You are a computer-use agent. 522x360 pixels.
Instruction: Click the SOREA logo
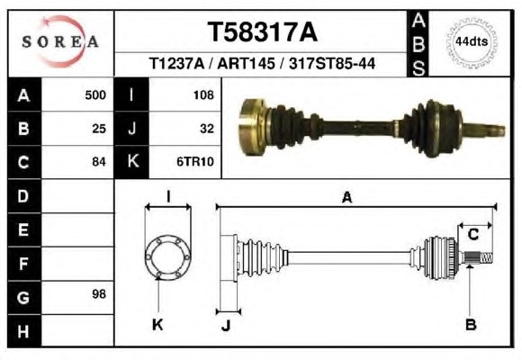[x=60, y=41]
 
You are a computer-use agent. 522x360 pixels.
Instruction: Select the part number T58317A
[x=263, y=32]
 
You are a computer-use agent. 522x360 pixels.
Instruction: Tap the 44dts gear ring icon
[x=472, y=42]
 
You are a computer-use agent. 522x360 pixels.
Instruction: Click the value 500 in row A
[x=95, y=95]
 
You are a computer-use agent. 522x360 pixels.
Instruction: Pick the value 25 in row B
[x=99, y=129]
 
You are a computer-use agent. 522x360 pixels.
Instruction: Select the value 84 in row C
[x=99, y=162]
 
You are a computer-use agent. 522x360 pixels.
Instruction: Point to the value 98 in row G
[x=99, y=294]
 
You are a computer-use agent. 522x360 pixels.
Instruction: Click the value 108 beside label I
[x=203, y=95]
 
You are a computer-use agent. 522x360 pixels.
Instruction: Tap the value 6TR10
[x=195, y=162]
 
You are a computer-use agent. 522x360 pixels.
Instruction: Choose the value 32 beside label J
[x=207, y=129]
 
